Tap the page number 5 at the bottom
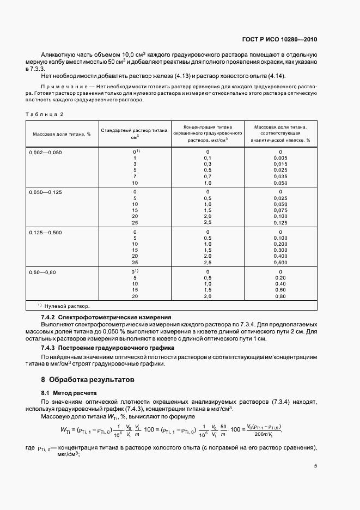tap(316, 466)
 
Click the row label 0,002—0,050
tap(46, 152)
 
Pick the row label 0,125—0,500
tap(46, 232)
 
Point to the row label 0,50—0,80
tap(42, 271)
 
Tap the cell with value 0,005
tap(280, 158)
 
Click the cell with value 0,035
tap(280, 177)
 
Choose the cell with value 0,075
tap(280, 210)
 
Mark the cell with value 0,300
tap(280, 250)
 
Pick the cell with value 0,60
tap(280, 290)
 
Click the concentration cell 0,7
tap(208, 177)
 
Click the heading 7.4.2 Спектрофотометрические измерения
tap(106, 317)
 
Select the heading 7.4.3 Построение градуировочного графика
tap(107, 347)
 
